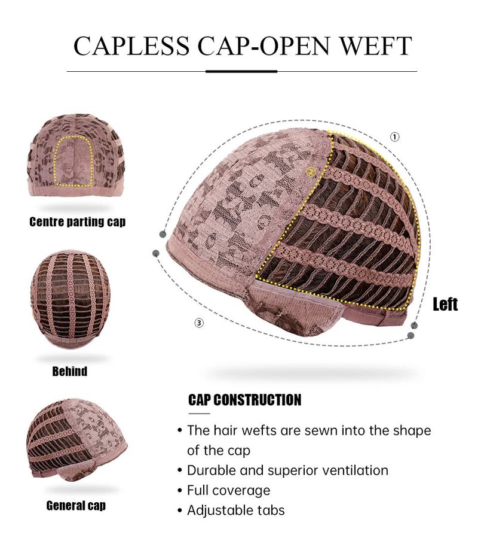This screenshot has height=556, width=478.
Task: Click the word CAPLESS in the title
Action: coord(131,45)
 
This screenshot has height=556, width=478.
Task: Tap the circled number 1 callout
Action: coord(394,137)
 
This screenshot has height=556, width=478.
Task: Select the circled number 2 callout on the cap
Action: coord(311,172)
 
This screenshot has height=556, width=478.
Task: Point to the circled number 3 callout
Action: coord(200,323)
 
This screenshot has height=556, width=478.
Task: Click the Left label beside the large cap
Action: coord(445,304)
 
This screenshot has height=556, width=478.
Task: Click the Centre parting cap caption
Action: coord(77,221)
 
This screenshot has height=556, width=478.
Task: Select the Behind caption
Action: coord(70,371)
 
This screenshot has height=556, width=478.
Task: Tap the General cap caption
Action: coord(76,505)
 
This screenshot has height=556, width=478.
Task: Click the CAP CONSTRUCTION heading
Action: coord(244,400)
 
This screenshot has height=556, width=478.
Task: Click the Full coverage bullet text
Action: coord(228,490)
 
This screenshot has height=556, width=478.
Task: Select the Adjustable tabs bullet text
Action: coord(236,511)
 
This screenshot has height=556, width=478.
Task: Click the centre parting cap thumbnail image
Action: coord(76,155)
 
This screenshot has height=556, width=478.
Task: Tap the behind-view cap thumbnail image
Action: coord(71,299)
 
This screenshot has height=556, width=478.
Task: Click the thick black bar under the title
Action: coord(241,71)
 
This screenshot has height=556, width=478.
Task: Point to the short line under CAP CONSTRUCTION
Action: coord(200,414)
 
